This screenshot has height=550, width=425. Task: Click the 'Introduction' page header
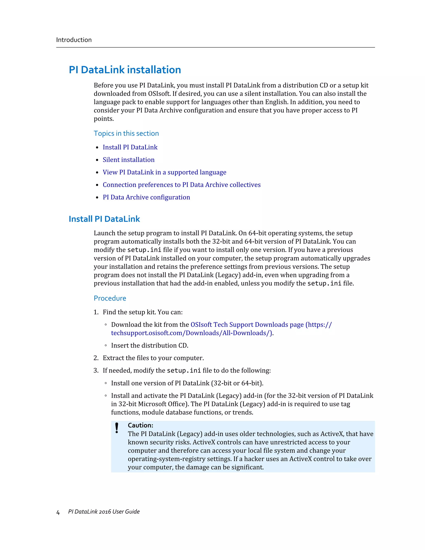click(74, 40)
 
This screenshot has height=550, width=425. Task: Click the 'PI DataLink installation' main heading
click(125, 70)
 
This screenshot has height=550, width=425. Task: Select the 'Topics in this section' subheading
click(126, 133)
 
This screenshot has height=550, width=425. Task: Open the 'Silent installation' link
click(128, 160)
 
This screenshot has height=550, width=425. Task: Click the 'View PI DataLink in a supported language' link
click(164, 172)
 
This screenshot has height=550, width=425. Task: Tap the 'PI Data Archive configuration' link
click(146, 197)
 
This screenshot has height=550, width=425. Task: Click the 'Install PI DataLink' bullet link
click(130, 147)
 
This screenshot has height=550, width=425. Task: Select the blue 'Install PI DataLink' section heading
click(104, 219)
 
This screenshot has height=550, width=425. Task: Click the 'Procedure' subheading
click(110, 298)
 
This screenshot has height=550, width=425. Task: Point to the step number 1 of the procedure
click(96, 312)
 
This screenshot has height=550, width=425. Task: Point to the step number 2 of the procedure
click(96, 358)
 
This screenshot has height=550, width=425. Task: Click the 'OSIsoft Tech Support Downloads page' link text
click(247, 325)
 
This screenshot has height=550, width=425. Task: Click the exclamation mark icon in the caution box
click(117, 428)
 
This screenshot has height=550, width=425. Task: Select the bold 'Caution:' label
click(140, 425)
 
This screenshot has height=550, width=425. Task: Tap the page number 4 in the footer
click(58, 512)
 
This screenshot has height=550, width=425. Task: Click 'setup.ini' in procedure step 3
click(184, 370)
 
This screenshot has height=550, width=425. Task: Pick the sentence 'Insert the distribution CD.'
click(150, 346)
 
